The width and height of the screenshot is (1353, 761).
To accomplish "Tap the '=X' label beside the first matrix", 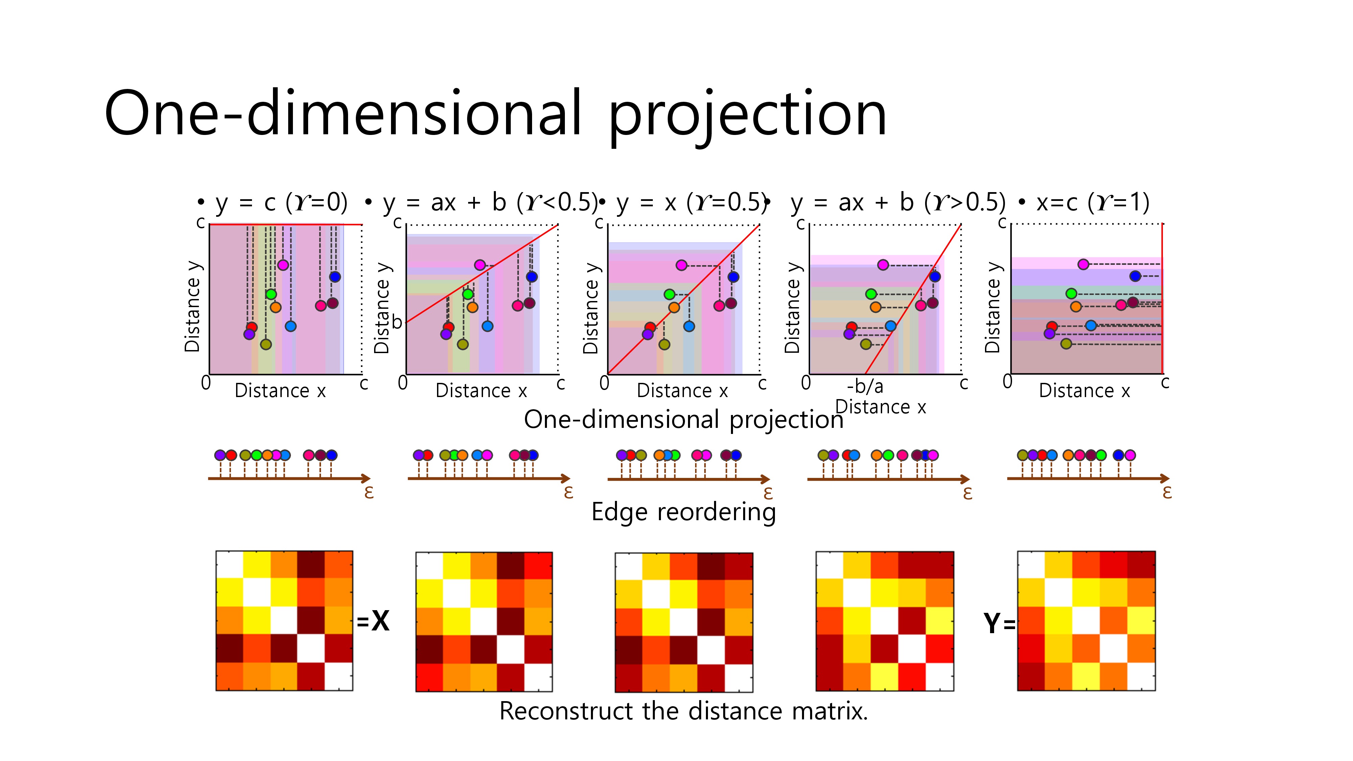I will point(372,621).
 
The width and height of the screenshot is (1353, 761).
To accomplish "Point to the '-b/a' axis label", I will point(865,387).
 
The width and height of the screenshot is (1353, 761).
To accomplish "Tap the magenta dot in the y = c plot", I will point(282,265).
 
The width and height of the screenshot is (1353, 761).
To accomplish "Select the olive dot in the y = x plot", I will point(664,345).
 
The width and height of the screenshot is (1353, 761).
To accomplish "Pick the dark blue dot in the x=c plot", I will point(1135,276).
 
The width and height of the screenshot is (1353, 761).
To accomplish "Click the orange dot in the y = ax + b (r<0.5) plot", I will point(472,307).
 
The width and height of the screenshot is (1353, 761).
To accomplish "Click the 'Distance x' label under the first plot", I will point(280,391).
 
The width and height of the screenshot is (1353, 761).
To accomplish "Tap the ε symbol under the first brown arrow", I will point(369,492).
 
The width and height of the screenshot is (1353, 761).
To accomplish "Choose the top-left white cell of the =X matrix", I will point(230,564).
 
